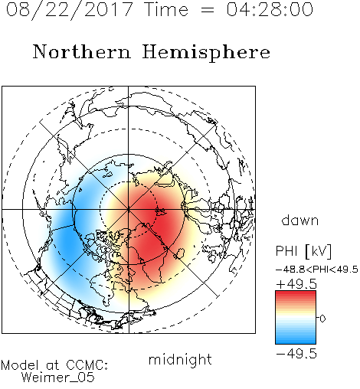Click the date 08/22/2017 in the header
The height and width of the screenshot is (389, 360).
[70, 10]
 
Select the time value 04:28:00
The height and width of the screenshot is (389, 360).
[270, 9]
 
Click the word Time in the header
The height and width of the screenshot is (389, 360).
[166, 9]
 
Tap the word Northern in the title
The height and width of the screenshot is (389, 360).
[82, 51]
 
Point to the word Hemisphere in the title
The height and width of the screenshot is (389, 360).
[206, 53]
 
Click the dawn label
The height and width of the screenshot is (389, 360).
[300, 220]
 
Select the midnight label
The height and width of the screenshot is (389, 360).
[180, 359]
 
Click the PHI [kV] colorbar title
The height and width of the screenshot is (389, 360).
[303, 251]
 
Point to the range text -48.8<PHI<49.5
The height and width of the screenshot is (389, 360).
[317, 270]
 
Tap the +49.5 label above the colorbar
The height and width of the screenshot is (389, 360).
[296, 284]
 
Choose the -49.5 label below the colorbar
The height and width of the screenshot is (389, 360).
[296, 354]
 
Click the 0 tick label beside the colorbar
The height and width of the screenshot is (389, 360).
[322, 319]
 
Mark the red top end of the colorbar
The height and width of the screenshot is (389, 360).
[296, 293]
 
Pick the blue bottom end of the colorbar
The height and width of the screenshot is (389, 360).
[296, 342]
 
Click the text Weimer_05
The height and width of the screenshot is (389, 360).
[58, 378]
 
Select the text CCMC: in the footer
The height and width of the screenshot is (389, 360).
[87, 365]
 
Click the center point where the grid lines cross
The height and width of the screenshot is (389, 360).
[128, 210]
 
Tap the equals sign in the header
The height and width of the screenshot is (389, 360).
[208, 10]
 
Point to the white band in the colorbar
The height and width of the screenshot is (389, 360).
[296, 319]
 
